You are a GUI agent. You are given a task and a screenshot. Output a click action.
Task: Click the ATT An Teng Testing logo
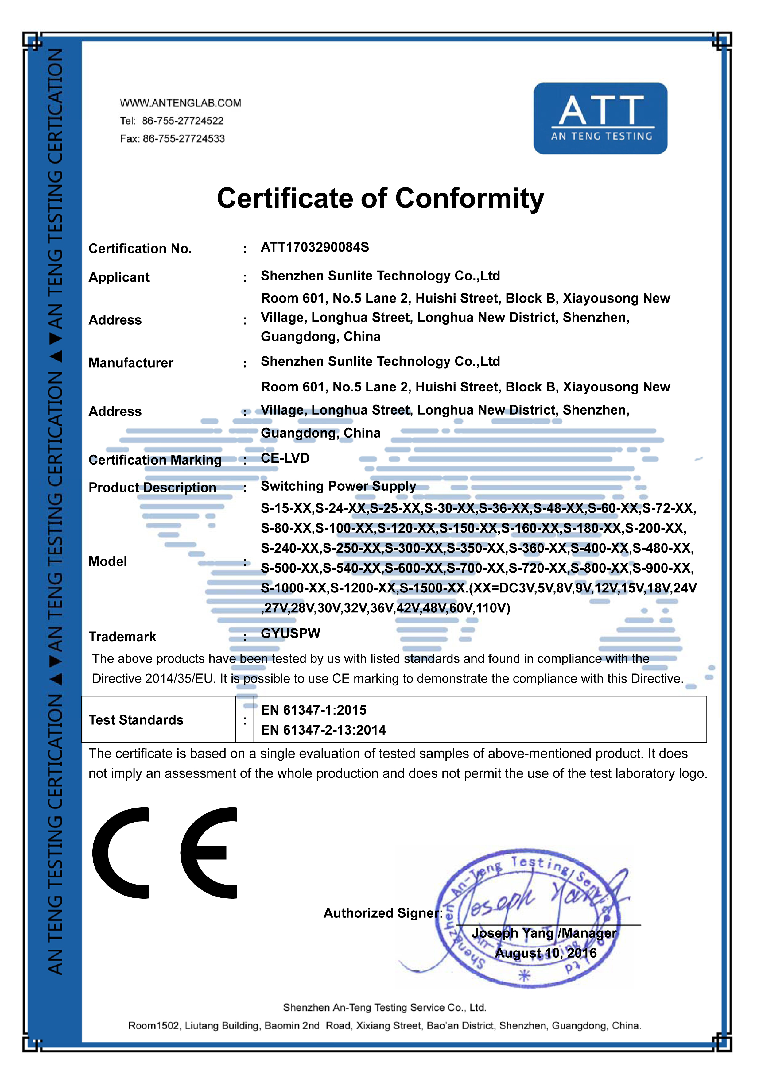pos(600,118)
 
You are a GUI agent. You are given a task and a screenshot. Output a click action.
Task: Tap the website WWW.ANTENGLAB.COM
pos(181,103)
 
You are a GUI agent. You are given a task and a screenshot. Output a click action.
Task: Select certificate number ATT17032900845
pos(315,247)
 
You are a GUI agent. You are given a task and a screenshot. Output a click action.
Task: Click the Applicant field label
pos(119,277)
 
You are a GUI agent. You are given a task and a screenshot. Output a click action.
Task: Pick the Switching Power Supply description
pos(338,486)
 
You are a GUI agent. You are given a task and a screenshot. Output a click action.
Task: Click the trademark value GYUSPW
pos(290,633)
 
